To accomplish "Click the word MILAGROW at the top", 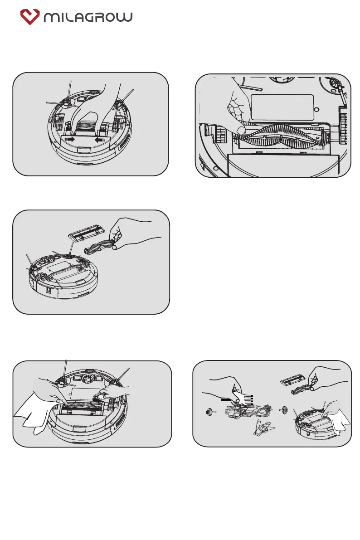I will [x=88, y=17].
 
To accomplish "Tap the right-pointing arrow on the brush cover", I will [x=70, y=140].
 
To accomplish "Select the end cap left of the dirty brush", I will [x=209, y=413].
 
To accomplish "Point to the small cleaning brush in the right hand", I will [x=102, y=395].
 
